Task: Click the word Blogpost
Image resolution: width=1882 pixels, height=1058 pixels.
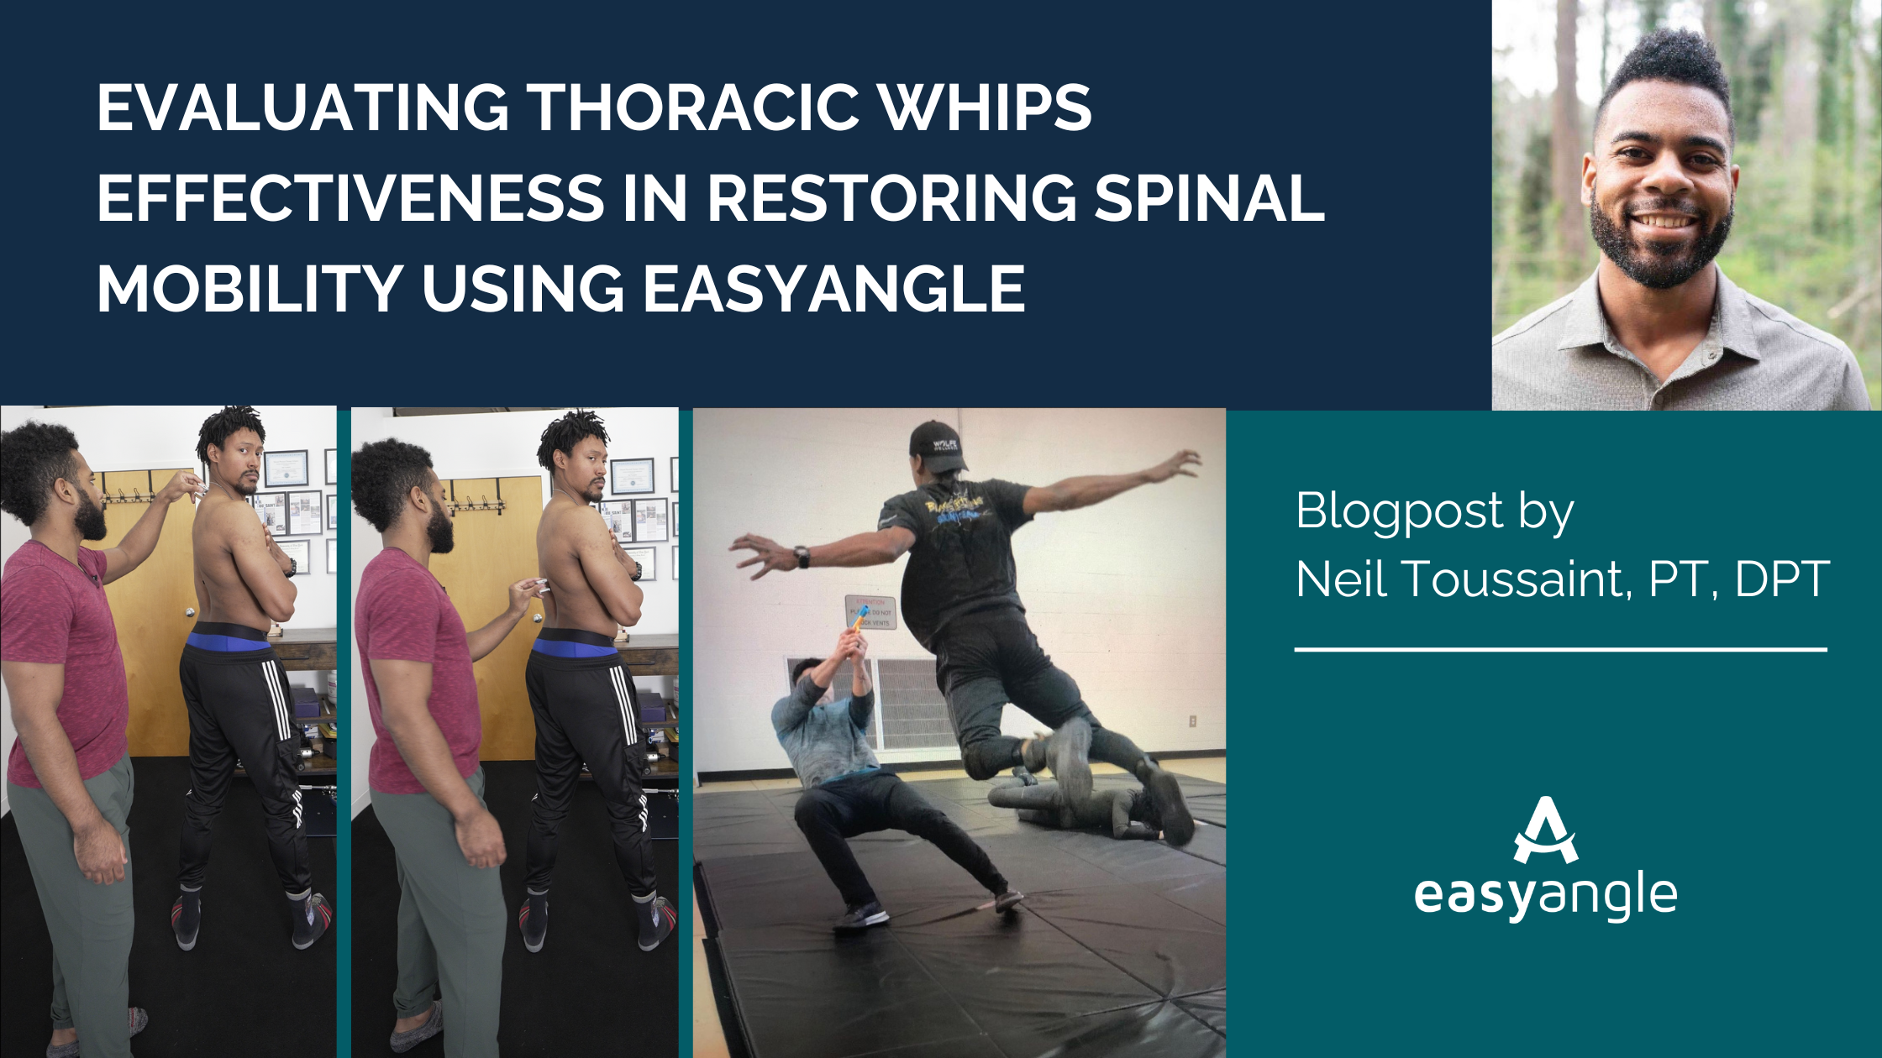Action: pos(1400,511)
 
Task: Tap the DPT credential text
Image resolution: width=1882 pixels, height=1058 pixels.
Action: pos(1781,579)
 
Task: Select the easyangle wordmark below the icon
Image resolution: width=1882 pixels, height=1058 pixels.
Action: pos(1546,897)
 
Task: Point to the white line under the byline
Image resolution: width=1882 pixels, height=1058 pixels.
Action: pos(1561,649)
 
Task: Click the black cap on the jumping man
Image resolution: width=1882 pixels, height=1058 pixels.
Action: pos(937,445)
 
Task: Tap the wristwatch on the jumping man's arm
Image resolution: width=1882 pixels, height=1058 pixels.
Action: pos(802,556)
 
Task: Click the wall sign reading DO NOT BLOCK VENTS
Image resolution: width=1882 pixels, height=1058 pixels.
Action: pos(870,612)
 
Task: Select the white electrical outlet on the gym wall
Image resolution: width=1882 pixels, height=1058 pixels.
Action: pos(1191,720)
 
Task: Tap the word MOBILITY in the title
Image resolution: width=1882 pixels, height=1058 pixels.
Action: pos(250,288)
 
